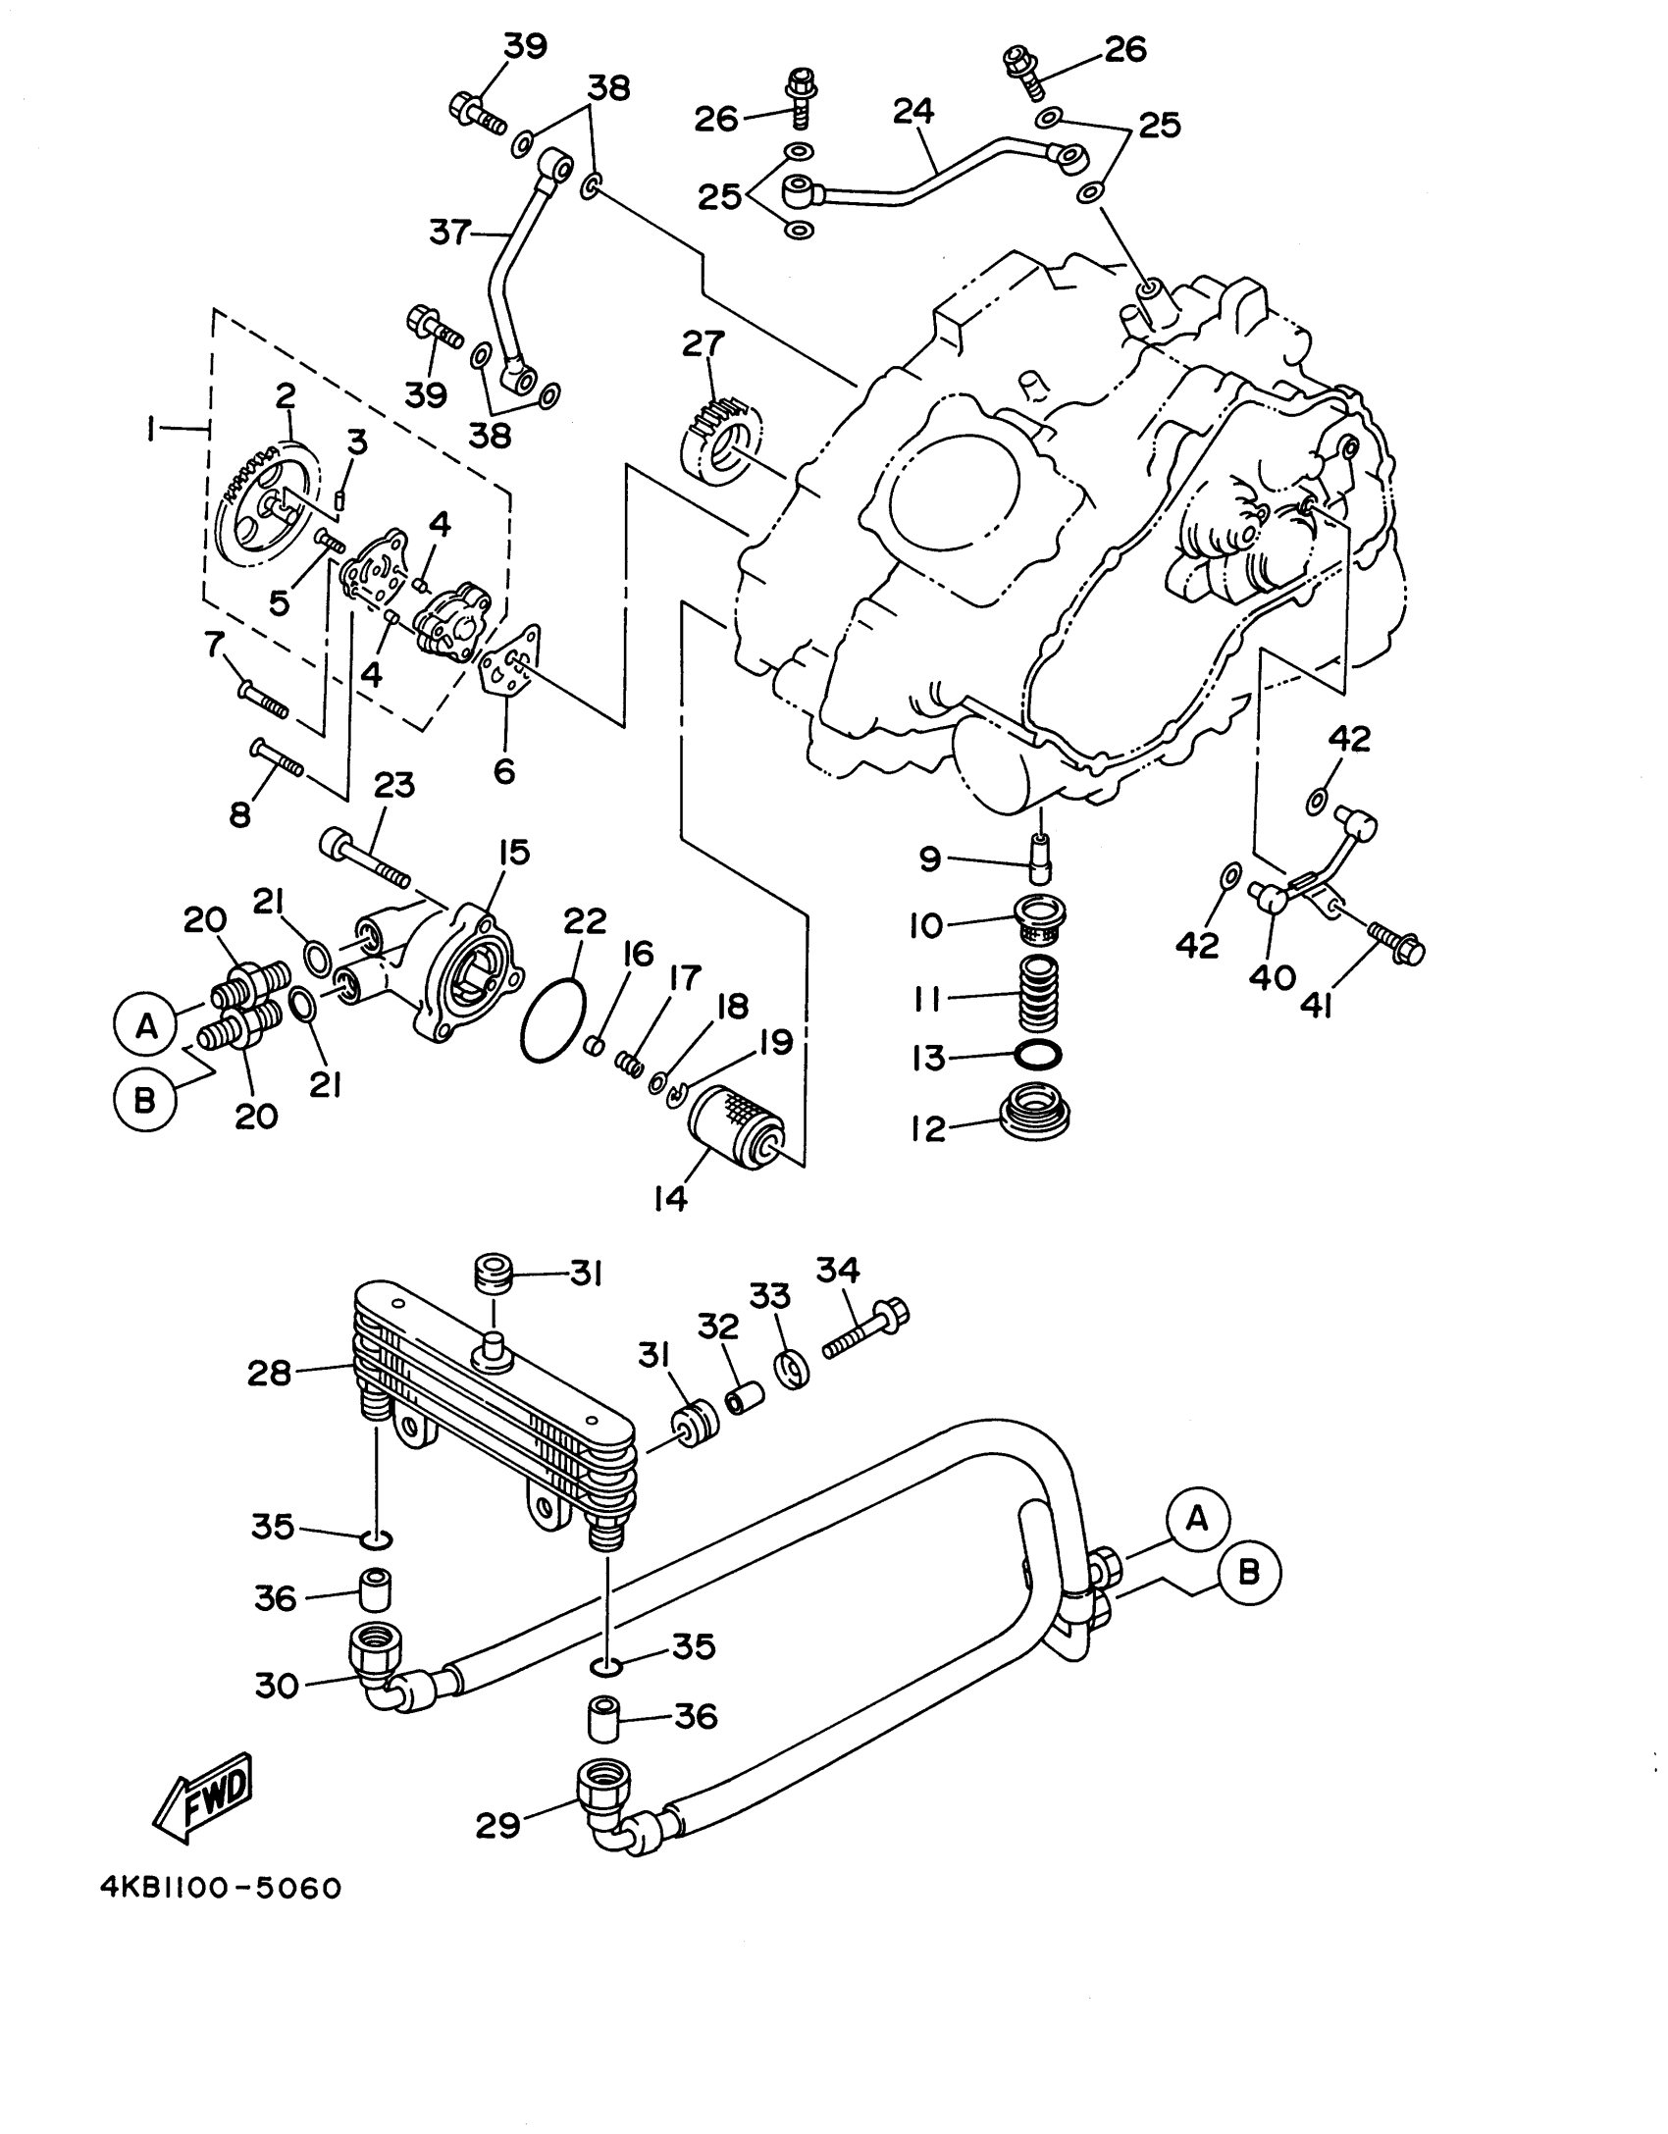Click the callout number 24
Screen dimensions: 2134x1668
point(914,111)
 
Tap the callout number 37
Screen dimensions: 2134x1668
point(449,234)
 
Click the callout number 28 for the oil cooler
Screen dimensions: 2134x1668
point(270,1374)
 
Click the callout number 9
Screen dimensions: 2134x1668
point(929,859)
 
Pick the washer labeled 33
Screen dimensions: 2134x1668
point(791,1370)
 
